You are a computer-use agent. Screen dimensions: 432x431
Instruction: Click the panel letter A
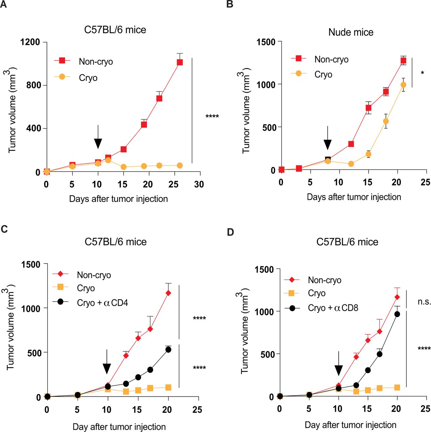pyautogui.click(x=3, y=5)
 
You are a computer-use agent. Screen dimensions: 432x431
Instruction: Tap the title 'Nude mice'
pyautogui.click(x=351, y=32)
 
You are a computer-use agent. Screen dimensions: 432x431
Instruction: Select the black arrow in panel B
pyautogui.click(x=327, y=139)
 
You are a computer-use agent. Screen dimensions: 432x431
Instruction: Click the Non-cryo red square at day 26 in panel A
pyautogui.click(x=179, y=62)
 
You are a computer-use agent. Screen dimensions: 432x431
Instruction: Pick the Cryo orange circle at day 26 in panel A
pyautogui.click(x=179, y=165)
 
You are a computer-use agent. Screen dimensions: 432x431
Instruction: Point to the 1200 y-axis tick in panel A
pyautogui.click(x=30, y=42)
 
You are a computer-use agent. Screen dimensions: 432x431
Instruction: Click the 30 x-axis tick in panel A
pyautogui.click(x=199, y=184)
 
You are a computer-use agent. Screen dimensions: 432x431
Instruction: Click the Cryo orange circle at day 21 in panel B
pyautogui.click(x=403, y=85)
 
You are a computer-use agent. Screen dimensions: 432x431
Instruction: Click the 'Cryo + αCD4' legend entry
pyautogui.click(x=102, y=303)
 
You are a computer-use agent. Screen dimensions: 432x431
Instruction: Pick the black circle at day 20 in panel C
pyautogui.click(x=168, y=350)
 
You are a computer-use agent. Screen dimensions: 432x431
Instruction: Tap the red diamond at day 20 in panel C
pyautogui.click(x=168, y=293)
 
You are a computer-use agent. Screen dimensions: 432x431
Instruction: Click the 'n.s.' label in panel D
pyautogui.click(x=424, y=302)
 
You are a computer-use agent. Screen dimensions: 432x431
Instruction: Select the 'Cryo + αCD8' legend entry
pyautogui.click(x=333, y=308)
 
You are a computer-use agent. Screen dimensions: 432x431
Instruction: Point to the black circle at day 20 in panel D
pyautogui.click(x=397, y=314)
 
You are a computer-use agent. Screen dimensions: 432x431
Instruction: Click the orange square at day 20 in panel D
pyautogui.click(x=397, y=387)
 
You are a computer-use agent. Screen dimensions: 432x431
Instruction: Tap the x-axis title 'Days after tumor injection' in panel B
pyautogui.click(x=354, y=197)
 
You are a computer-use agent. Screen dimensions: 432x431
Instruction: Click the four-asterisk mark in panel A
pyautogui.click(x=212, y=117)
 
